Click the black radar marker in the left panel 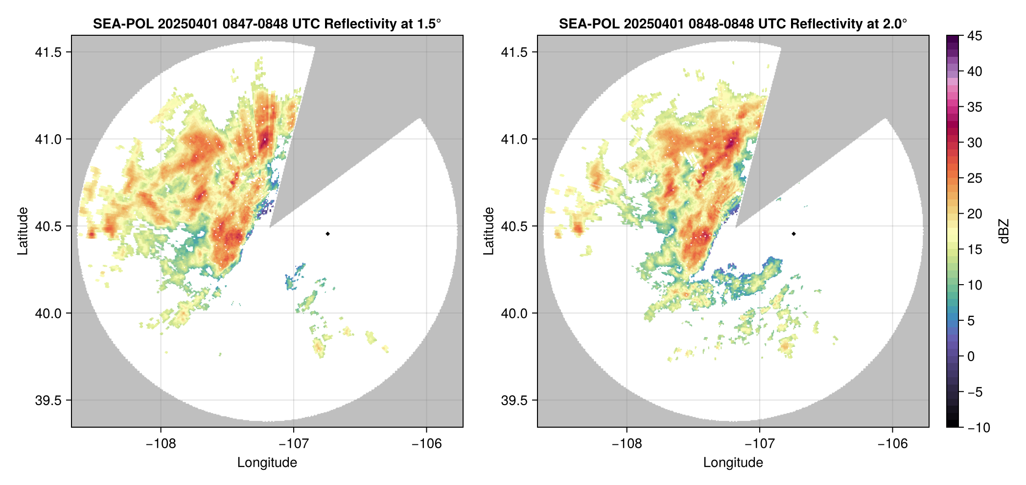pyautogui.click(x=327, y=234)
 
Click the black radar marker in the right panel pyautogui.click(x=793, y=234)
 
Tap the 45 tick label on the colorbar pyautogui.click(x=975, y=36)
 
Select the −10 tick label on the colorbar pyautogui.click(x=979, y=428)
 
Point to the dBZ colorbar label pyautogui.click(x=1004, y=231)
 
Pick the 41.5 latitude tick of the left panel pyautogui.click(x=48, y=52)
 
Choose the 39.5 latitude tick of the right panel pyautogui.click(x=514, y=400)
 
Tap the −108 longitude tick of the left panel pyautogui.click(x=161, y=444)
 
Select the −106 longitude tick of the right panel pyautogui.click(x=892, y=444)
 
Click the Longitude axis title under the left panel pyautogui.click(x=267, y=462)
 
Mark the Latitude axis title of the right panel pyautogui.click(x=489, y=231)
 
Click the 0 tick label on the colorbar pyautogui.click(x=971, y=357)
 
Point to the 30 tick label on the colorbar pyautogui.click(x=975, y=143)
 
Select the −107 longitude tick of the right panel pyautogui.click(x=760, y=444)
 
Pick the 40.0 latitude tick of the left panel pyautogui.click(x=48, y=314)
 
